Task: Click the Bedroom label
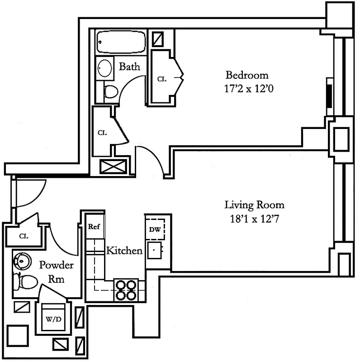[247, 75]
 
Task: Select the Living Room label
[255, 205]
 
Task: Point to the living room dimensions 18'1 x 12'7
[255, 219]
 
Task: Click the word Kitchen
[124, 250]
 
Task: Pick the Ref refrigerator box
[94, 227]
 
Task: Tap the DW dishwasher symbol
[155, 230]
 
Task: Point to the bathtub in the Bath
[120, 42]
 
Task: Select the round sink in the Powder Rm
[21, 260]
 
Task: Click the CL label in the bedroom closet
[161, 79]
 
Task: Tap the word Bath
[129, 67]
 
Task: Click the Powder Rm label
[56, 272]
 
